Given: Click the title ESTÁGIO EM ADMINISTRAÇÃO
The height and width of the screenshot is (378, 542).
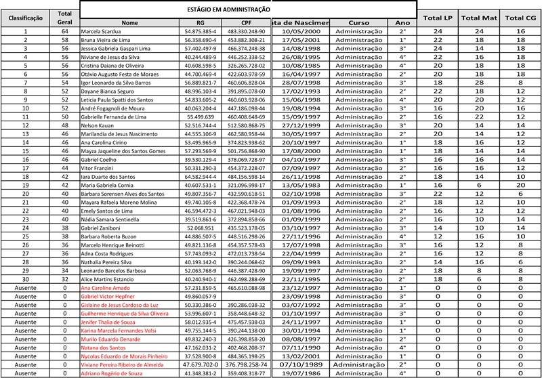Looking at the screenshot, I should [217, 10].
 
